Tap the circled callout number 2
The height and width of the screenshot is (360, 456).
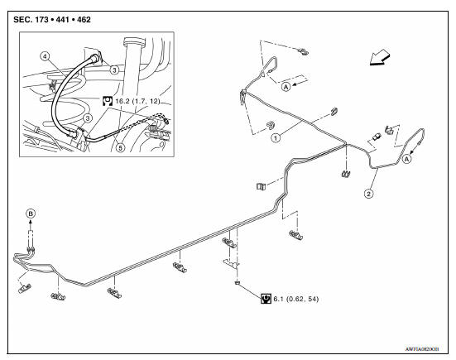pos(368,194)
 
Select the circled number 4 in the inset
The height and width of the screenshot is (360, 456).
pos(47,57)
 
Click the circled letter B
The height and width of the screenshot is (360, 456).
pos(31,213)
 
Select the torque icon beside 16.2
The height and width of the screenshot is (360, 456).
pos(107,100)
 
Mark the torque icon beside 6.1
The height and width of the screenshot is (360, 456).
pos(266,298)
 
